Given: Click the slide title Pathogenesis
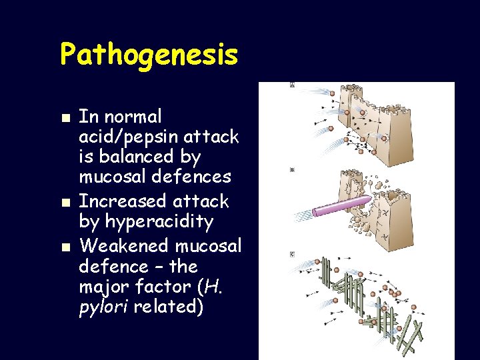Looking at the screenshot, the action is (x=149, y=54).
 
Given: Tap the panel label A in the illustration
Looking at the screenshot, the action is (x=293, y=86).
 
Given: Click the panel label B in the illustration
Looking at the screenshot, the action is (x=293, y=170).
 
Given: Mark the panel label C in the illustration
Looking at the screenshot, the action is (x=293, y=255).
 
